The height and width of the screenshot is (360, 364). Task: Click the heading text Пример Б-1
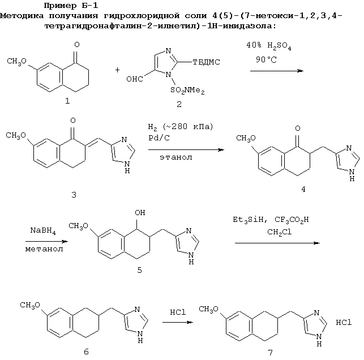[71, 6]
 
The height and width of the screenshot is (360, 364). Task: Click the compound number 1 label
[67, 101]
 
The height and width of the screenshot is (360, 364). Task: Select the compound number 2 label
[179, 104]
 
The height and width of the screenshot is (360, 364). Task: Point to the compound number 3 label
[74, 195]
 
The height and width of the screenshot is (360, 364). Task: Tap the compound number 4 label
[303, 190]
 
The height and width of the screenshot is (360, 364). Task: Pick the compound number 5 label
[139, 270]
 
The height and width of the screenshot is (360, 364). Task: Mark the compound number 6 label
[86, 352]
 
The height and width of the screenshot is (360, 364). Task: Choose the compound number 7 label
[270, 353]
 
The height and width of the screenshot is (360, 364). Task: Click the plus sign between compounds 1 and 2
[117, 70]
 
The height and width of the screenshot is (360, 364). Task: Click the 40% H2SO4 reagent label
[268, 46]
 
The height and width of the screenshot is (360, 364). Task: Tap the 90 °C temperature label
[266, 59]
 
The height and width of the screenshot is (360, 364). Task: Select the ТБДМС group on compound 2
[207, 62]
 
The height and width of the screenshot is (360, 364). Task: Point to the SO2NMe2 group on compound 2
[187, 91]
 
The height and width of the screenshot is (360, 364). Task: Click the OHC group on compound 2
[135, 79]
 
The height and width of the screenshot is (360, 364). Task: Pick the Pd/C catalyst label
[159, 138]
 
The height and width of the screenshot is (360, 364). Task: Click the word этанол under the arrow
[176, 157]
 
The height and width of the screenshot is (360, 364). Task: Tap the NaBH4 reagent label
[43, 231]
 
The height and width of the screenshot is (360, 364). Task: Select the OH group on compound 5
[140, 213]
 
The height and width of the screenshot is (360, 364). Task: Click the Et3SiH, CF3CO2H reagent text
[271, 220]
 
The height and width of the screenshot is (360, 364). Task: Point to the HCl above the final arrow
[178, 312]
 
